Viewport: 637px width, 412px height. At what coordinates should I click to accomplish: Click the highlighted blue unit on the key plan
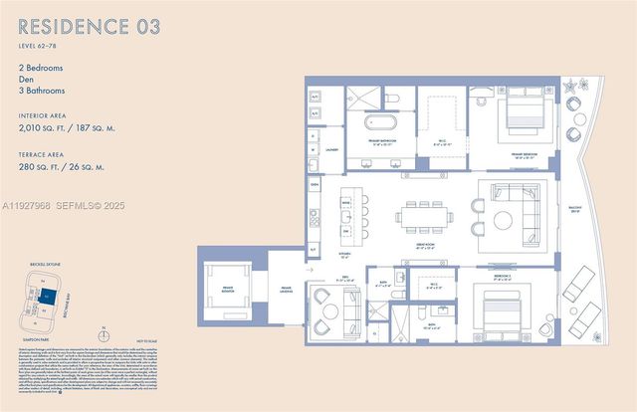[x=46, y=296]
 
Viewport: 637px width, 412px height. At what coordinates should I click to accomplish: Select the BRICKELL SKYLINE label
[x=44, y=265]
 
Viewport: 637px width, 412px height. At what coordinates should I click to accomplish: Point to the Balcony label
[x=573, y=210]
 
